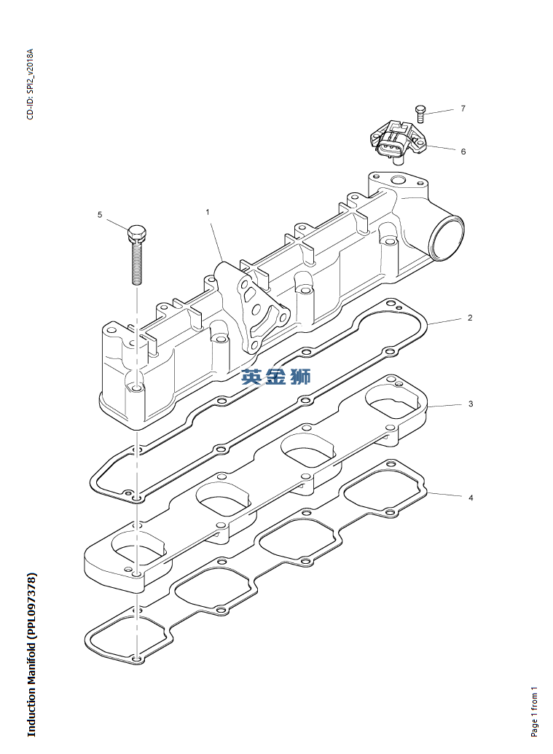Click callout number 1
(x=208, y=212)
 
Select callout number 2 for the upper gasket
(x=470, y=318)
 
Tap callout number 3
(x=471, y=403)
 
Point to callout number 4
(x=471, y=498)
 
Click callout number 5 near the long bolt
(x=100, y=214)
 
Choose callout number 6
(x=463, y=152)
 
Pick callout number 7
(x=463, y=109)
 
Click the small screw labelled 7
(x=420, y=113)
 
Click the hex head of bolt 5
(x=136, y=234)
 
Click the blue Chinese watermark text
(x=276, y=377)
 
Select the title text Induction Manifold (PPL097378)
(x=31, y=655)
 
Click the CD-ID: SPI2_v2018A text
(x=30, y=84)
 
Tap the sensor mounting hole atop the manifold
(x=397, y=180)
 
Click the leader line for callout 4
(x=446, y=495)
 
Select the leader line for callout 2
(x=444, y=321)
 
